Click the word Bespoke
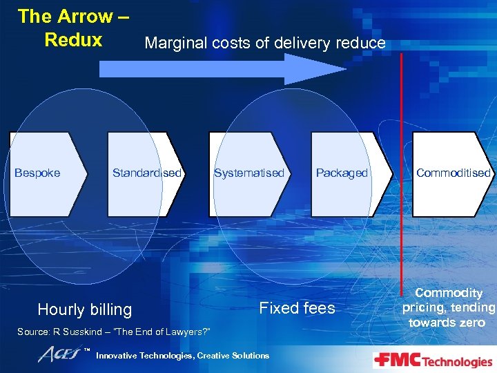37,173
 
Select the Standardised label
147,173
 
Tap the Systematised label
249,173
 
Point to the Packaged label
342,173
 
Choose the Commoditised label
453,173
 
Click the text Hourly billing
84,309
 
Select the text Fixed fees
297,308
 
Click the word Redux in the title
73,39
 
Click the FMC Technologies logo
433,361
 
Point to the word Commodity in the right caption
449,293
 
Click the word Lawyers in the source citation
190,332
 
